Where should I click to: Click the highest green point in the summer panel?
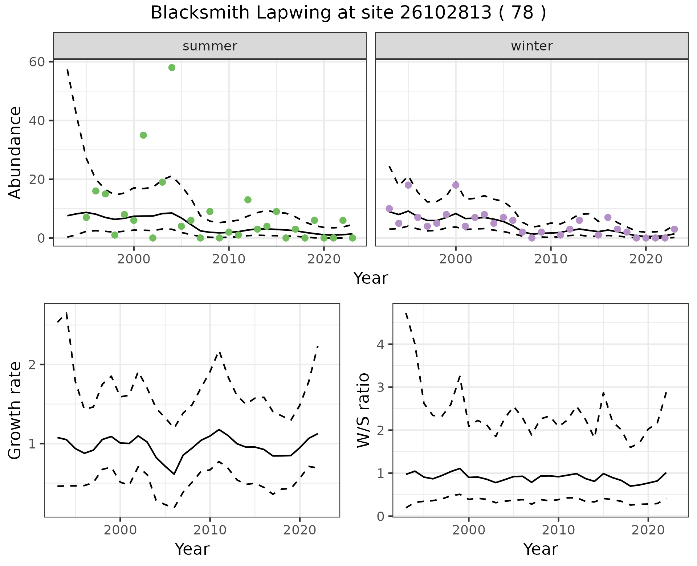tap(172, 68)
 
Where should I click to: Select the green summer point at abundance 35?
tap(143, 135)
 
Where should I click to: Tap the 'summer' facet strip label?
tap(210, 46)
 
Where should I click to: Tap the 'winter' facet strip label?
tap(531, 46)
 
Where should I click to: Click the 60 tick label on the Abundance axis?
tap(37, 62)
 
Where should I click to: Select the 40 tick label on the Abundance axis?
tap(37, 120)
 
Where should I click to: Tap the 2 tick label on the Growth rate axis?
tap(32, 365)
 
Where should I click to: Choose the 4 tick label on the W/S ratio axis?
tap(380, 344)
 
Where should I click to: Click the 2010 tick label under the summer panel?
tap(229, 259)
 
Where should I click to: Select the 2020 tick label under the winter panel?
tap(646, 259)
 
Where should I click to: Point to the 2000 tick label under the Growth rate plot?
tap(120, 530)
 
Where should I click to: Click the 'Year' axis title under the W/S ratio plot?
tap(540, 549)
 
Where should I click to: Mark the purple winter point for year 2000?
tap(456, 185)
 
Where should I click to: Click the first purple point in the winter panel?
tap(390, 209)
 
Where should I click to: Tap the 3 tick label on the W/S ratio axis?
tap(380, 387)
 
